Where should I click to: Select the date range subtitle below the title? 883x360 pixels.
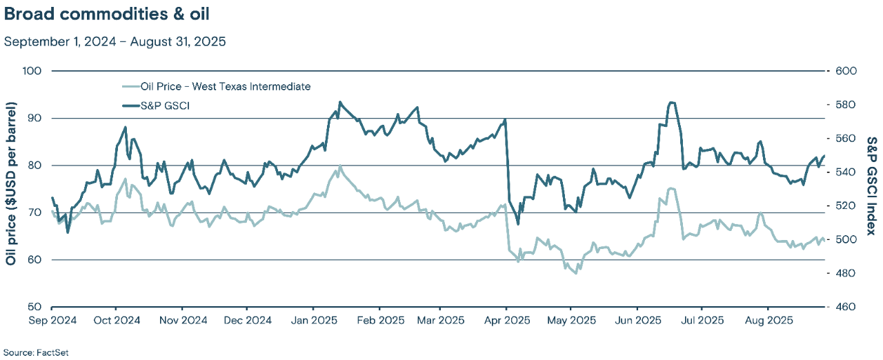click(x=115, y=41)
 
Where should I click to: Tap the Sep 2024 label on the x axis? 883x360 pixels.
click(x=53, y=321)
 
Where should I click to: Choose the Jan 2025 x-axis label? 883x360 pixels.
click(x=313, y=321)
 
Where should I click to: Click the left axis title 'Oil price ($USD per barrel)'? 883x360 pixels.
click(x=11, y=184)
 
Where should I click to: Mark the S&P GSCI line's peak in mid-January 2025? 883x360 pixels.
click(x=339, y=102)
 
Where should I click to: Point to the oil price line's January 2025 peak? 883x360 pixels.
click(x=339, y=166)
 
